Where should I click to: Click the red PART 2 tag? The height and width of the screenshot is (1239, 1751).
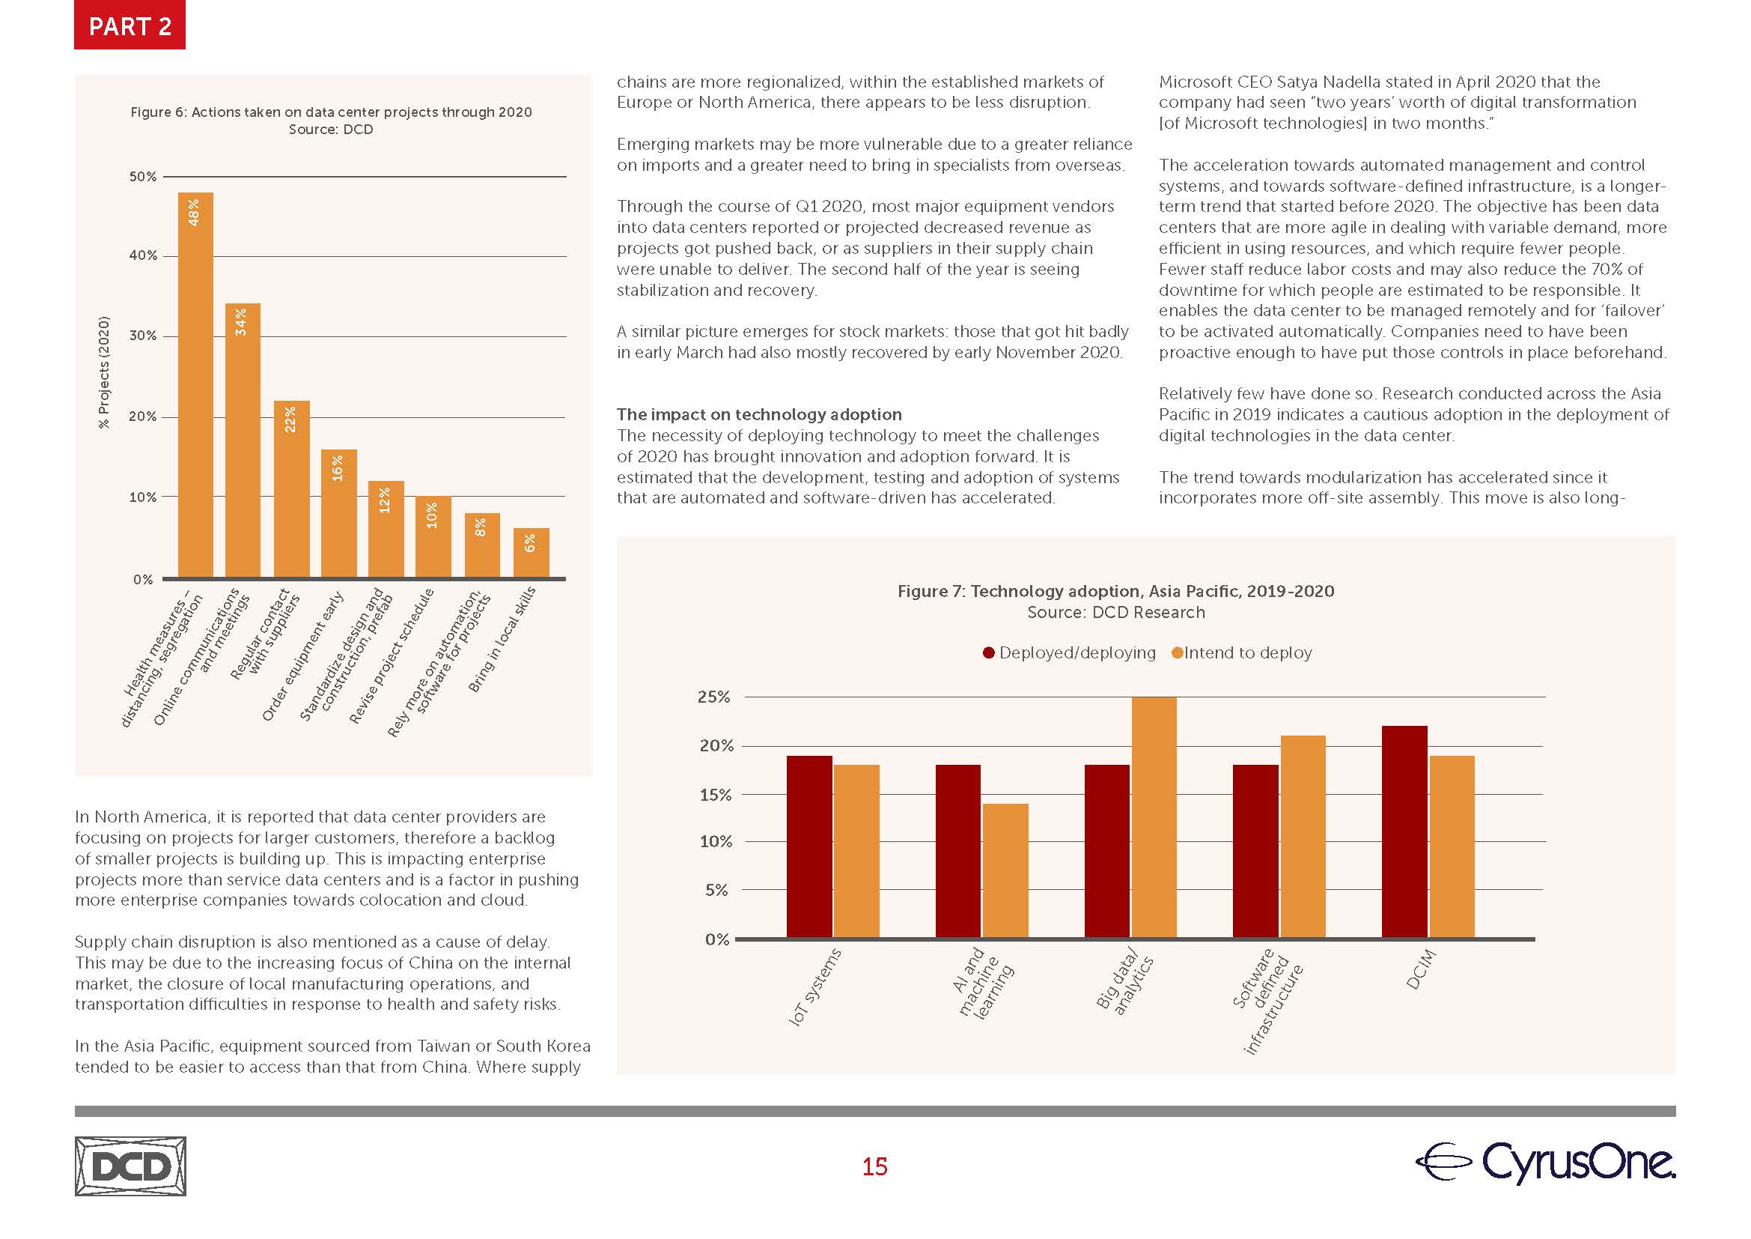tap(130, 26)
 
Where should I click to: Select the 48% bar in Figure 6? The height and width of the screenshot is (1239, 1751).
tap(195, 385)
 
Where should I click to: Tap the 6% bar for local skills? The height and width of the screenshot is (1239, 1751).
tap(531, 552)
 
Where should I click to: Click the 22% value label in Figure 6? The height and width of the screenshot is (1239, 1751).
tap(290, 419)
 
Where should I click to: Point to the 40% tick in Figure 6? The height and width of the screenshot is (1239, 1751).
tap(143, 255)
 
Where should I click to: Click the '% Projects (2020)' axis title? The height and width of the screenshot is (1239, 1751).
tap(105, 372)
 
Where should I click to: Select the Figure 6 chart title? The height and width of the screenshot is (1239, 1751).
tap(331, 112)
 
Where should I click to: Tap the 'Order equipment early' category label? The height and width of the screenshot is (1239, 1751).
tap(302, 656)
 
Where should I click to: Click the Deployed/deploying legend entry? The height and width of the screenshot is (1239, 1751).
tap(1069, 653)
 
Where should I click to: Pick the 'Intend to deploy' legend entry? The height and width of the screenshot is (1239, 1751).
tap(1243, 653)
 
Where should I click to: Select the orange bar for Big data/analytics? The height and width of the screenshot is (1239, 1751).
tap(1154, 817)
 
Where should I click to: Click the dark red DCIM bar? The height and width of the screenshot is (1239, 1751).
tap(1404, 831)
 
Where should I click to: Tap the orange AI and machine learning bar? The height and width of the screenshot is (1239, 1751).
tap(1005, 870)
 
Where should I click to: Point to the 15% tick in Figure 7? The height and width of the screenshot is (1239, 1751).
tap(716, 795)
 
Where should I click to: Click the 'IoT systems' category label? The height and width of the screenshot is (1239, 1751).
tap(814, 987)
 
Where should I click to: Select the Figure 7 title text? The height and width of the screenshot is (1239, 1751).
tap(1115, 591)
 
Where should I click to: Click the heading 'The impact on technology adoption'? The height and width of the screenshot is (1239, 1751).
tap(759, 414)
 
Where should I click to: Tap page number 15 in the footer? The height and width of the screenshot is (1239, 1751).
tap(874, 1166)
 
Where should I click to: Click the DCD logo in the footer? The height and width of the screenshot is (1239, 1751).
tap(130, 1166)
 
